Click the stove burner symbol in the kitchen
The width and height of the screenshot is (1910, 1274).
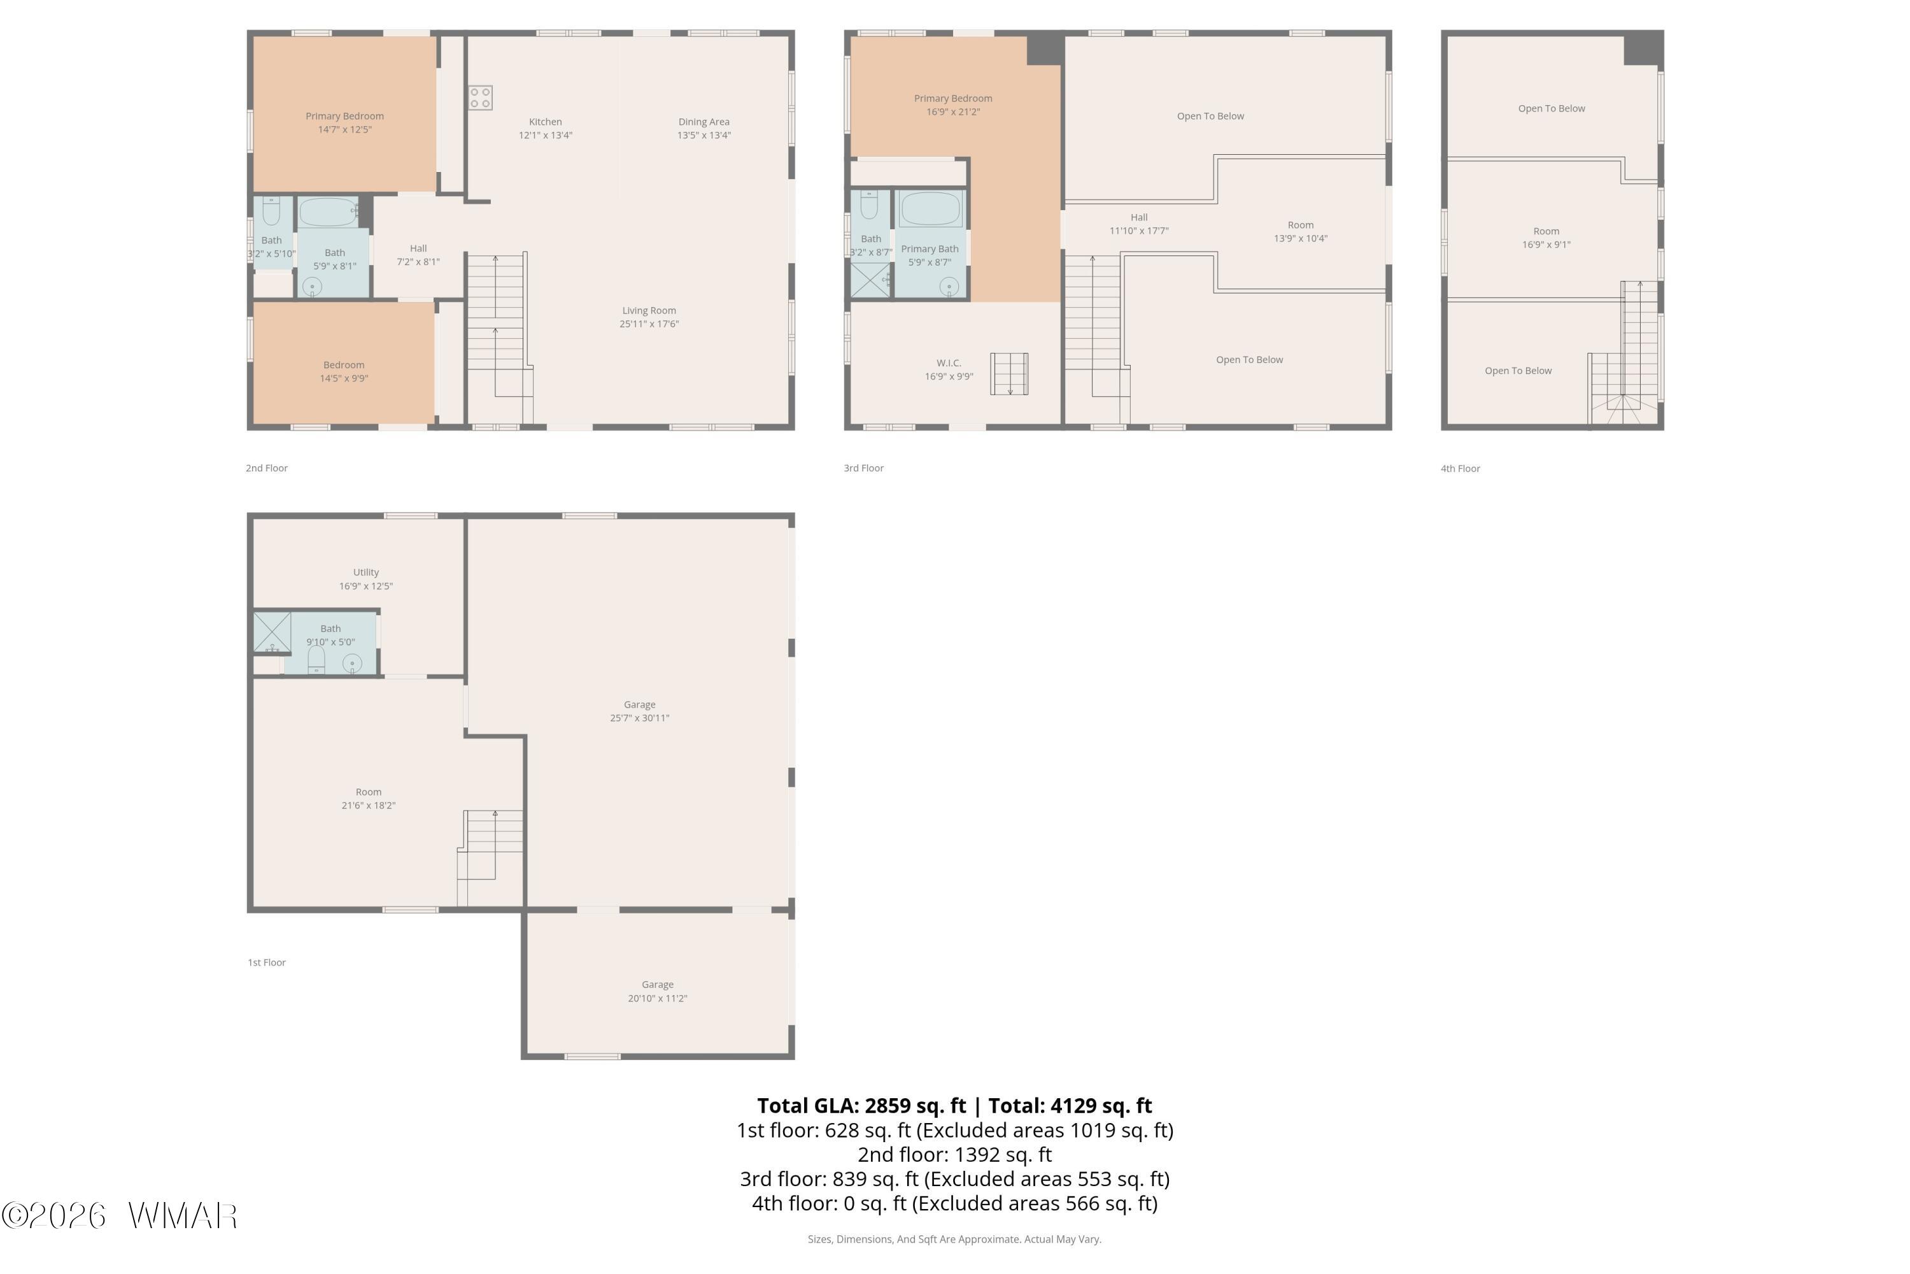(480, 98)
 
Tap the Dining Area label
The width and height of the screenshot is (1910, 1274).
(704, 122)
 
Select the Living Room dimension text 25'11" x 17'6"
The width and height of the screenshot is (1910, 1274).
(649, 324)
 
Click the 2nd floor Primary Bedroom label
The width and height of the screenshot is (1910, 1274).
(344, 116)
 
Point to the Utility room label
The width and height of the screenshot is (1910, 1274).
(366, 572)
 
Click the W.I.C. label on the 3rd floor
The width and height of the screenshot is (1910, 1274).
(949, 363)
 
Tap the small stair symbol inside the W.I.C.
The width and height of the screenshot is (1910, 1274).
(1009, 374)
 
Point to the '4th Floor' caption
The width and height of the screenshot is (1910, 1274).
(1460, 469)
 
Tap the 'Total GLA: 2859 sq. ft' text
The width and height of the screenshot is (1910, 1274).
(861, 1106)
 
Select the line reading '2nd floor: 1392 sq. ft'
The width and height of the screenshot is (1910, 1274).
(955, 1154)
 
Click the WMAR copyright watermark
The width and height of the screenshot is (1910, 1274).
(120, 1216)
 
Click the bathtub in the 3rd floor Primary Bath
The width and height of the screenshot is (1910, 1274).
(931, 209)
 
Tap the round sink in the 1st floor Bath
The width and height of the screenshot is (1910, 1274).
(351, 664)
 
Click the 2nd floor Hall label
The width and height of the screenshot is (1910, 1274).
(418, 248)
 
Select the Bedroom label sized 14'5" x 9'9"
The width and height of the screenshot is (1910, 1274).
(344, 371)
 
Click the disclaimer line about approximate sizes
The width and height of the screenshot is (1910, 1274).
(954, 1239)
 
